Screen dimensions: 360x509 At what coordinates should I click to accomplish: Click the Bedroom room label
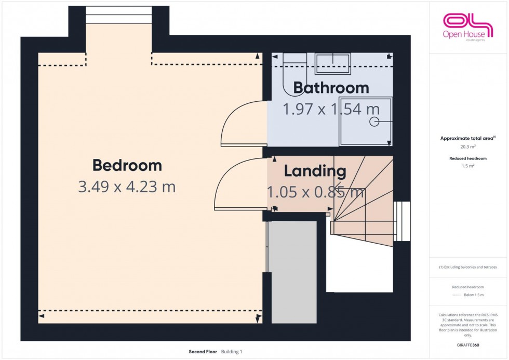coord(127,166)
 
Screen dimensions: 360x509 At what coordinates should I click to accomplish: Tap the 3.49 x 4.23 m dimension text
coord(127,187)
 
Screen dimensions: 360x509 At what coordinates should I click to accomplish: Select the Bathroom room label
coord(331,88)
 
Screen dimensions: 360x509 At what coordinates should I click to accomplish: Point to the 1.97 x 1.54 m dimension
coord(331,109)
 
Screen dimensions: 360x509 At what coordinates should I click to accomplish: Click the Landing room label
coord(315,171)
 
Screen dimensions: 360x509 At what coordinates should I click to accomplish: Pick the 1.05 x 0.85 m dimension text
coord(315,192)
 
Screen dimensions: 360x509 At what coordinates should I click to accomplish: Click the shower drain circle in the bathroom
coord(373,122)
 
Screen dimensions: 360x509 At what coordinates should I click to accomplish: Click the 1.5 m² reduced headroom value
coord(468,166)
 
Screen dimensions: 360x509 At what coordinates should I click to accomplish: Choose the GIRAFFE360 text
coord(468,344)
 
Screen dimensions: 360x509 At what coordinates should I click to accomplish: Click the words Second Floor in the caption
coord(203,352)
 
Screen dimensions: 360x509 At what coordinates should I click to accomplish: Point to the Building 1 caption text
coord(232,352)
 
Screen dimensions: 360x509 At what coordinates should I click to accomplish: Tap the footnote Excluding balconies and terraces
coord(468,267)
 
